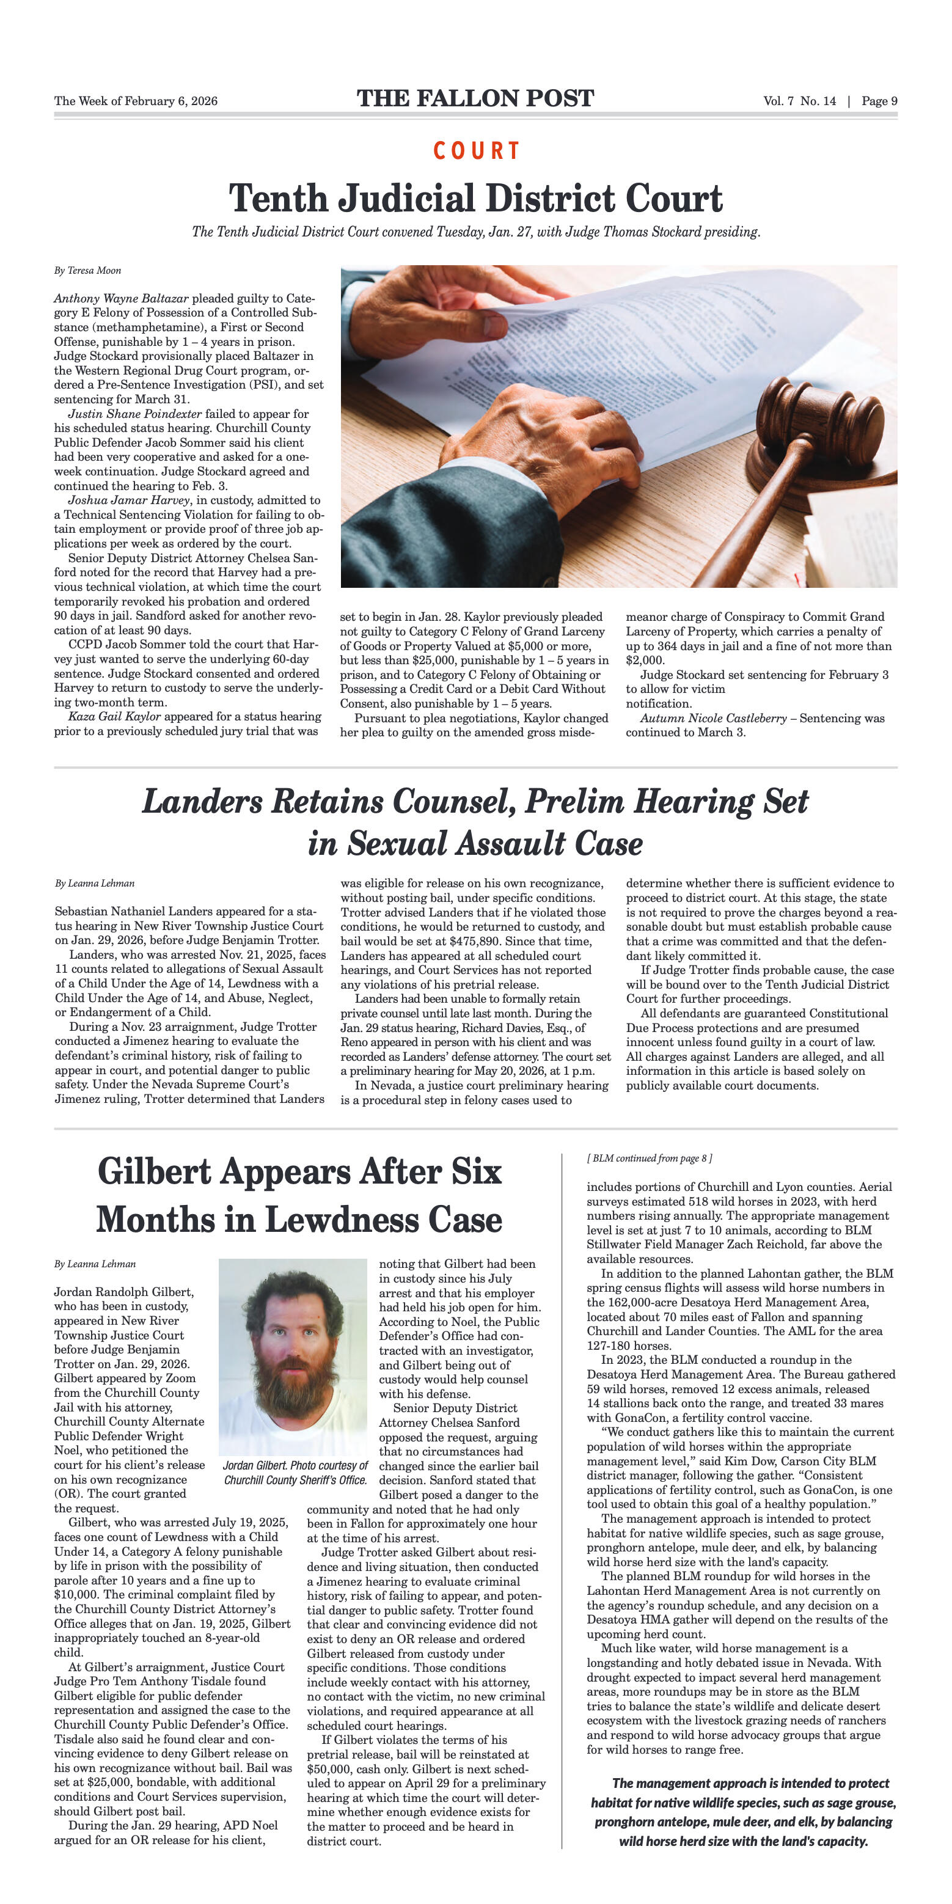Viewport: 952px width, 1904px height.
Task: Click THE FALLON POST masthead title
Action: pos(475,98)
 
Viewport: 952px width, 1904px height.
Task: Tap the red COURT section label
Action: pos(476,151)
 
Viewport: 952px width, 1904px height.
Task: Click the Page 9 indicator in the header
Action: pos(879,101)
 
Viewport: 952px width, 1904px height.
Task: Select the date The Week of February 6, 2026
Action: pos(136,101)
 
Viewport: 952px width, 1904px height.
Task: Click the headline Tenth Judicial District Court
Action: pos(475,198)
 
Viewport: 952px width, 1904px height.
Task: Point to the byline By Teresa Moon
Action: pos(87,271)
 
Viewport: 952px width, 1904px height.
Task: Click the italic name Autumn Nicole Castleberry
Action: pos(713,718)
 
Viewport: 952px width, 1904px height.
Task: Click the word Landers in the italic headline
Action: pos(202,801)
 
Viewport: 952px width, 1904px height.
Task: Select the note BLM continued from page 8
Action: pos(650,1158)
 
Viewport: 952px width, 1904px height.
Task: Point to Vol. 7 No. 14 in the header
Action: pos(800,101)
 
